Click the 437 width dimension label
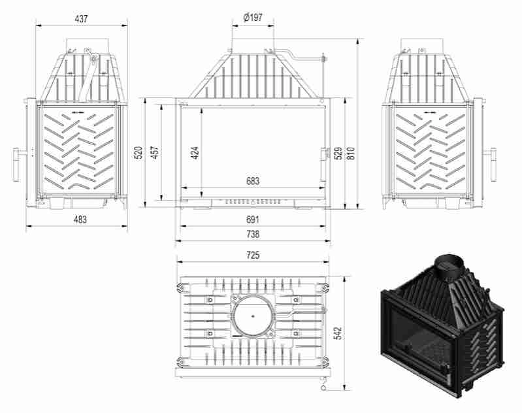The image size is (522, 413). pyautogui.click(x=81, y=19)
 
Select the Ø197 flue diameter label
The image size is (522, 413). pyautogui.click(x=252, y=18)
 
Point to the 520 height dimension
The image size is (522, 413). pyautogui.click(x=139, y=153)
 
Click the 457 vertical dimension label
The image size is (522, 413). pyautogui.click(x=155, y=153)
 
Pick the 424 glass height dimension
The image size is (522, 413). pyautogui.click(x=195, y=153)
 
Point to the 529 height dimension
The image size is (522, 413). pyautogui.click(x=338, y=153)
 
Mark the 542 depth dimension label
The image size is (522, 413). pyautogui.click(x=337, y=333)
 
